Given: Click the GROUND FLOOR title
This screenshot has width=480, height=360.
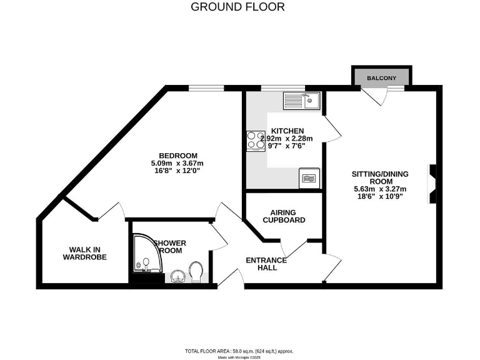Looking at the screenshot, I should click(x=237, y=7).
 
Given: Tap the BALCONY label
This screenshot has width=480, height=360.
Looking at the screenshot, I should click(x=381, y=78).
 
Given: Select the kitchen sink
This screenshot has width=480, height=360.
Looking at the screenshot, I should click(x=302, y=99).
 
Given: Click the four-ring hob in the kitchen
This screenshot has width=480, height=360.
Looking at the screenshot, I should click(x=256, y=141).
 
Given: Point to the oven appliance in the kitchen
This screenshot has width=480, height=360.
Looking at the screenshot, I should click(x=310, y=177).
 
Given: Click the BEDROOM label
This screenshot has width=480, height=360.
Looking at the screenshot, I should click(x=178, y=156).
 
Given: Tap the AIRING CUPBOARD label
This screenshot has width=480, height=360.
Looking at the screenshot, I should click(x=284, y=216).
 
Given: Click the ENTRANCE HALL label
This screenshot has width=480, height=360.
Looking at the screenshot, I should click(x=266, y=264).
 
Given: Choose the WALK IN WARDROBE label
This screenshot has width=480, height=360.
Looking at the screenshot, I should click(x=84, y=253).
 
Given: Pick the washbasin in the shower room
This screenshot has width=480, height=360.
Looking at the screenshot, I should click(x=177, y=275).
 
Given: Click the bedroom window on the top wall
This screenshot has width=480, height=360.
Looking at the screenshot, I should click(x=207, y=88).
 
